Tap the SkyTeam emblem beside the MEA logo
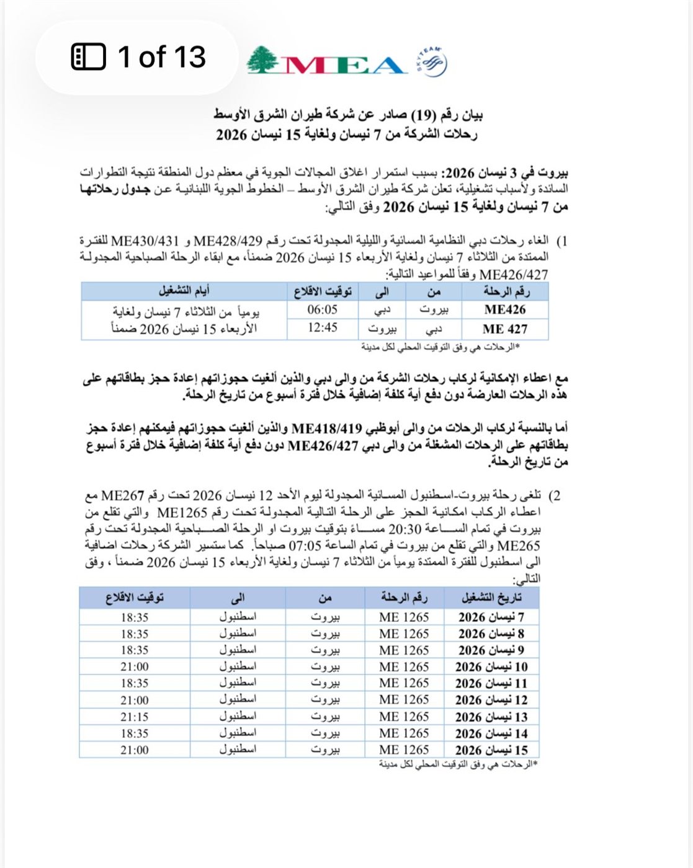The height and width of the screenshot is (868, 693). pos(431,62)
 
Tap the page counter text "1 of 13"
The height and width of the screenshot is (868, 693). pos(161,57)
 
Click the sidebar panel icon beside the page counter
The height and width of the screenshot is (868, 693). pos(89,57)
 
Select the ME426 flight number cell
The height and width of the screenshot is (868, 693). pos(505,310)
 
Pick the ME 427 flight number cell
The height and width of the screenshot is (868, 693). pos(505,329)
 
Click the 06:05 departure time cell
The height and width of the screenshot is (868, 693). pos(323,310)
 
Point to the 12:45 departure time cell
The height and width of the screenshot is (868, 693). pos(323,328)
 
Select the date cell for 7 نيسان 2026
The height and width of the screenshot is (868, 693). pos(491,618)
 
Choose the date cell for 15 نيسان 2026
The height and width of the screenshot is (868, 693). pos(491,750)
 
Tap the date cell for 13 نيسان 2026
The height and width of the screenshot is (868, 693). pos(491,717)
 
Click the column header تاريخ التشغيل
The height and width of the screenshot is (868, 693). pos(491,598)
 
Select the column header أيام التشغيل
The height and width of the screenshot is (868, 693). pos(184,291)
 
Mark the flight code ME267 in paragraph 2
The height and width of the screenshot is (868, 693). pos(122,496)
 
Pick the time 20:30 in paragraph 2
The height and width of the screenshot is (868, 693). pos(405,529)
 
